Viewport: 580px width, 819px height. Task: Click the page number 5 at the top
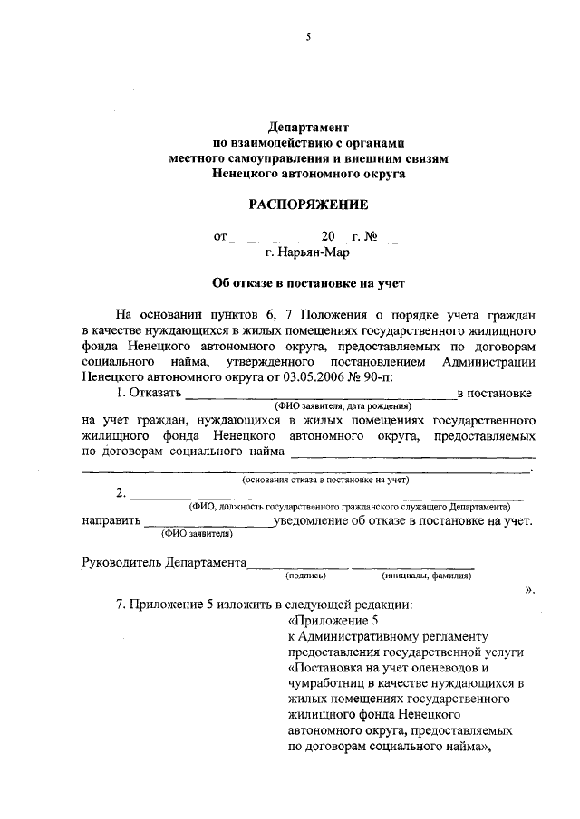(x=307, y=37)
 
